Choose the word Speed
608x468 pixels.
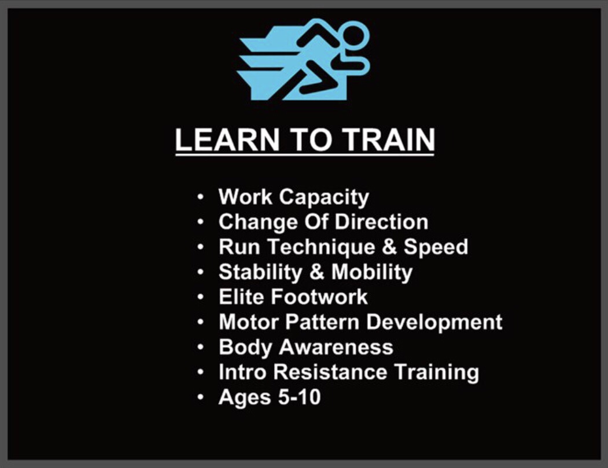pyautogui.click(x=436, y=247)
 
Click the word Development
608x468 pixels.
pyautogui.click(x=443, y=322)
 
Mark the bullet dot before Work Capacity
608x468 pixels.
pyautogui.click(x=201, y=198)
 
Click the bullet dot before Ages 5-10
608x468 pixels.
pyautogui.click(x=201, y=397)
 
